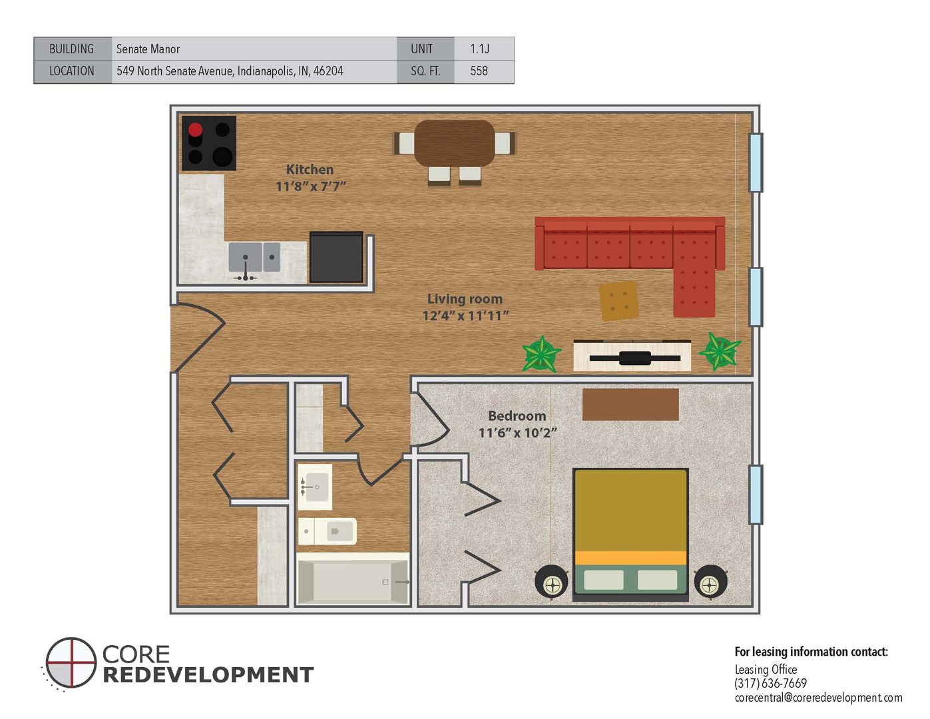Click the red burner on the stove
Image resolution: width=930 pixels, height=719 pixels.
click(195, 129)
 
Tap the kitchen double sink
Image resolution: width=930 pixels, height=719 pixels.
click(254, 257)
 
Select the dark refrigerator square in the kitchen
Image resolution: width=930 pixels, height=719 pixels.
click(336, 257)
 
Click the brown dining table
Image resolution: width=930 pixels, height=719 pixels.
click(454, 143)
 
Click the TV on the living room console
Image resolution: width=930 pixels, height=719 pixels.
click(634, 358)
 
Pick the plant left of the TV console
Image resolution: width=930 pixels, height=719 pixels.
click(541, 354)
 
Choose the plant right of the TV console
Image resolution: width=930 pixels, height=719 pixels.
click(720, 351)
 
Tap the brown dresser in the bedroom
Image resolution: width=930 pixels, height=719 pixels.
click(630, 405)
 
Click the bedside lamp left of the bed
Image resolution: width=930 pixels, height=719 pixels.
click(552, 582)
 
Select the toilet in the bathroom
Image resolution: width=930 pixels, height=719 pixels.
click(327, 531)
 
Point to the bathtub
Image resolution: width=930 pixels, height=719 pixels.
click(353, 579)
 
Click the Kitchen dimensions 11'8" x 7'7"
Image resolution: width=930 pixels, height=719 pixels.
click(310, 186)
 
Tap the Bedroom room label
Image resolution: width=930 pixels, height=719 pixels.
click(517, 415)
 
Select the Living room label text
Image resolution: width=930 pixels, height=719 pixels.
click(465, 299)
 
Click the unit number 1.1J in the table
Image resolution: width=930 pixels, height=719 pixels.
click(479, 49)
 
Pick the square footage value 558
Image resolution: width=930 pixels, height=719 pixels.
click(479, 71)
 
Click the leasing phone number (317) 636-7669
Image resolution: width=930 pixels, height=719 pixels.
click(770, 684)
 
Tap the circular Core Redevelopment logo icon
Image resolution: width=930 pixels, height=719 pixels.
click(71, 662)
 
